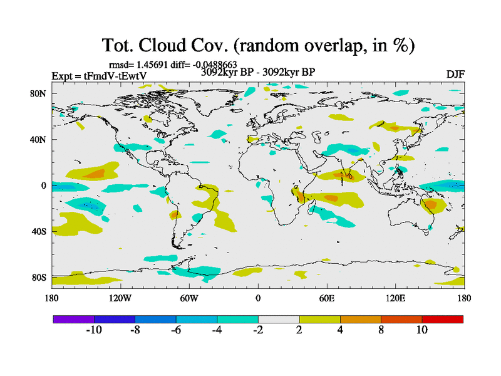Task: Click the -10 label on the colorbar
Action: pos(94,330)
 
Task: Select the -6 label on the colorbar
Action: pos(175,330)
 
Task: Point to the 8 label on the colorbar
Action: pos(381,330)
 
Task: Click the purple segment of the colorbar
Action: pos(73,319)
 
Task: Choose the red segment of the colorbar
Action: pos(442,319)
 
